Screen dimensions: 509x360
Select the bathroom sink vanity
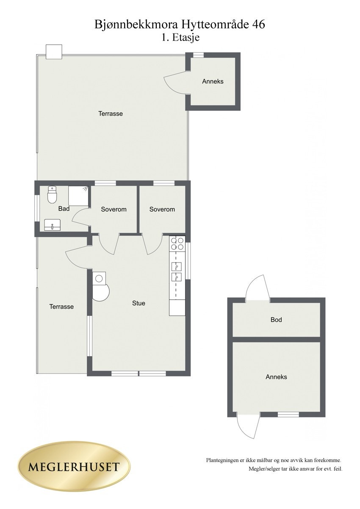point(53,224)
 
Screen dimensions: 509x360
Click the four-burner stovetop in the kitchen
point(177,243)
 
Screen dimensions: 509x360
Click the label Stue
point(138,303)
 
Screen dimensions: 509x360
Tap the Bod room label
point(276,320)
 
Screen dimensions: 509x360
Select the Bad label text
point(64,209)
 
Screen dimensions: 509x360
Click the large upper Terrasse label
point(111,113)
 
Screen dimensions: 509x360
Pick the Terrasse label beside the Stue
point(61,307)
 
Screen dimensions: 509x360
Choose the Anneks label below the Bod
point(276,377)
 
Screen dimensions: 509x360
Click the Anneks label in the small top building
point(213,81)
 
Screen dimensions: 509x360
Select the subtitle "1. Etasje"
point(180,37)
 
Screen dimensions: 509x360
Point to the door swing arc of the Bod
point(257,286)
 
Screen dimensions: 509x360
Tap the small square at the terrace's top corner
point(54,52)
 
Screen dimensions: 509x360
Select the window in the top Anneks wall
point(198,55)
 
